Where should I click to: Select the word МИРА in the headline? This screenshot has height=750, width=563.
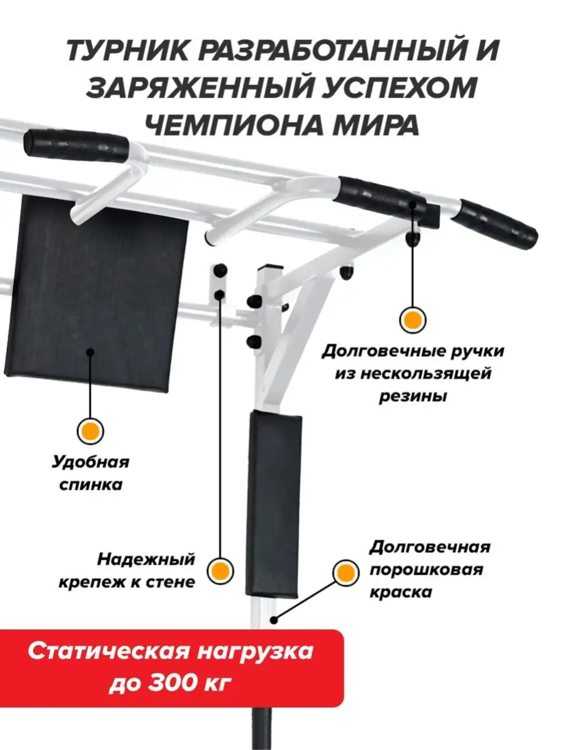click(376, 125)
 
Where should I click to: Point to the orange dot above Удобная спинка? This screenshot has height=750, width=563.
click(90, 431)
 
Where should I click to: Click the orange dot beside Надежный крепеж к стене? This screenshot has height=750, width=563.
click(220, 571)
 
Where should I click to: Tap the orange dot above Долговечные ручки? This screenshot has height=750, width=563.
click(413, 320)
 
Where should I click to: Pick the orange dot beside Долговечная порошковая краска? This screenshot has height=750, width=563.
click(346, 573)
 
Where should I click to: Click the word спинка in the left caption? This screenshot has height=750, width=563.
click(91, 485)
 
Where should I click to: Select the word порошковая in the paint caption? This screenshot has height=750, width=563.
click(426, 570)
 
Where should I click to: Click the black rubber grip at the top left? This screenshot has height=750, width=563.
click(76, 146)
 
